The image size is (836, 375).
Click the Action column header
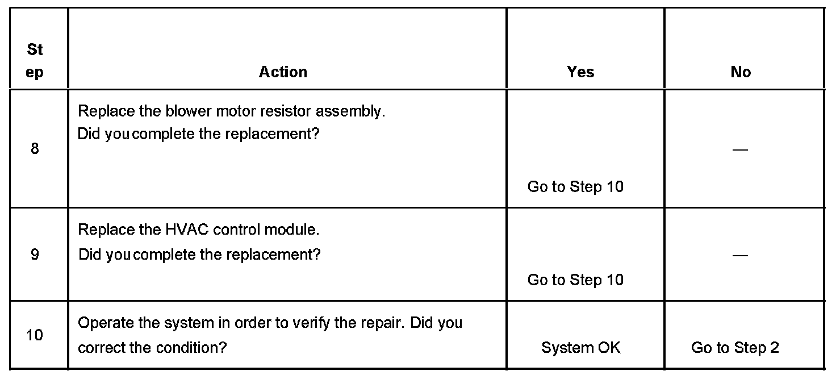coord(283,72)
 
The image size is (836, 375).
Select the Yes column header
coord(580,72)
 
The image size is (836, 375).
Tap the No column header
coord(741,72)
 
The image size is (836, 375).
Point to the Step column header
coord(35,61)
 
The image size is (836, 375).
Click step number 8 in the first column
coord(35,149)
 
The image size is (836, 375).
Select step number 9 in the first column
coord(35,255)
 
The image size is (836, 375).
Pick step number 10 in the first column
coord(35,335)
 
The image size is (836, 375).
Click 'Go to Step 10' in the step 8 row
coord(575,186)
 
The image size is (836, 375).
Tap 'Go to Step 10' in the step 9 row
coord(575,280)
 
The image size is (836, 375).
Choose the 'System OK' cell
coord(580,348)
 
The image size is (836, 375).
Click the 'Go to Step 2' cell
coord(735,348)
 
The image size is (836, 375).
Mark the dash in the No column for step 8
coord(740,150)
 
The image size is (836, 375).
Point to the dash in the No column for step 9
coord(740,255)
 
